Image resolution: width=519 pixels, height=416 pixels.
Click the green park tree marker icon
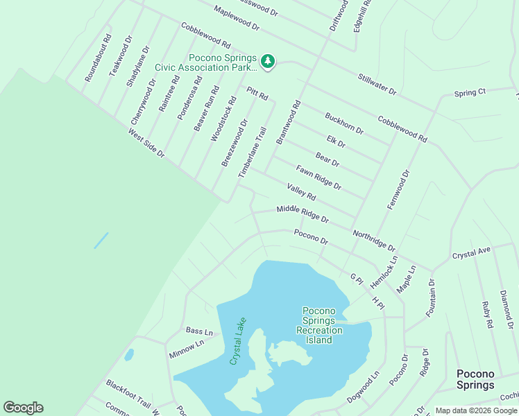pyautogui.click(x=268, y=62)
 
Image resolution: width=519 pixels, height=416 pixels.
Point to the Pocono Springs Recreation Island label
pyautogui.click(x=320, y=325)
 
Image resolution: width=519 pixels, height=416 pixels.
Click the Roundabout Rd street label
pyautogui.click(x=97, y=60)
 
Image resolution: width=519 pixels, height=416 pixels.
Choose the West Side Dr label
pyautogui.click(x=146, y=144)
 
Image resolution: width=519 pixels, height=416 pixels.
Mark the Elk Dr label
pyautogui.click(x=336, y=141)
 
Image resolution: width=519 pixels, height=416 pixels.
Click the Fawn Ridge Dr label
pyautogui.click(x=318, y=177)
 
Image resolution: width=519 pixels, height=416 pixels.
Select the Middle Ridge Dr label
pyautogui.click(x=302, y=214)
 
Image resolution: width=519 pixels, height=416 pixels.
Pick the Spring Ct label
pyautogui.click(x=470, y=92)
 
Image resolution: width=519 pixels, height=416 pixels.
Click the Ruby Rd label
pyautogui.click(x=488, y=314)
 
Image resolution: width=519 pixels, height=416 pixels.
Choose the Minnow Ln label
pyautogui.click(x=186, y=349)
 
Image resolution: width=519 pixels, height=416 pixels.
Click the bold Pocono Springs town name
pyautogui.click(x=475, y=379)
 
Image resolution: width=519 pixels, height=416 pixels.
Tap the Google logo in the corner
pyautogui.click(x=23, y=407)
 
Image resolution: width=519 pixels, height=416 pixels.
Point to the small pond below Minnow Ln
pyautogui.click(x=129, y=356)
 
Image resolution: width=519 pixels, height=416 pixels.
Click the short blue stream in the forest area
pyautogui.click(x=101, y=240)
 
